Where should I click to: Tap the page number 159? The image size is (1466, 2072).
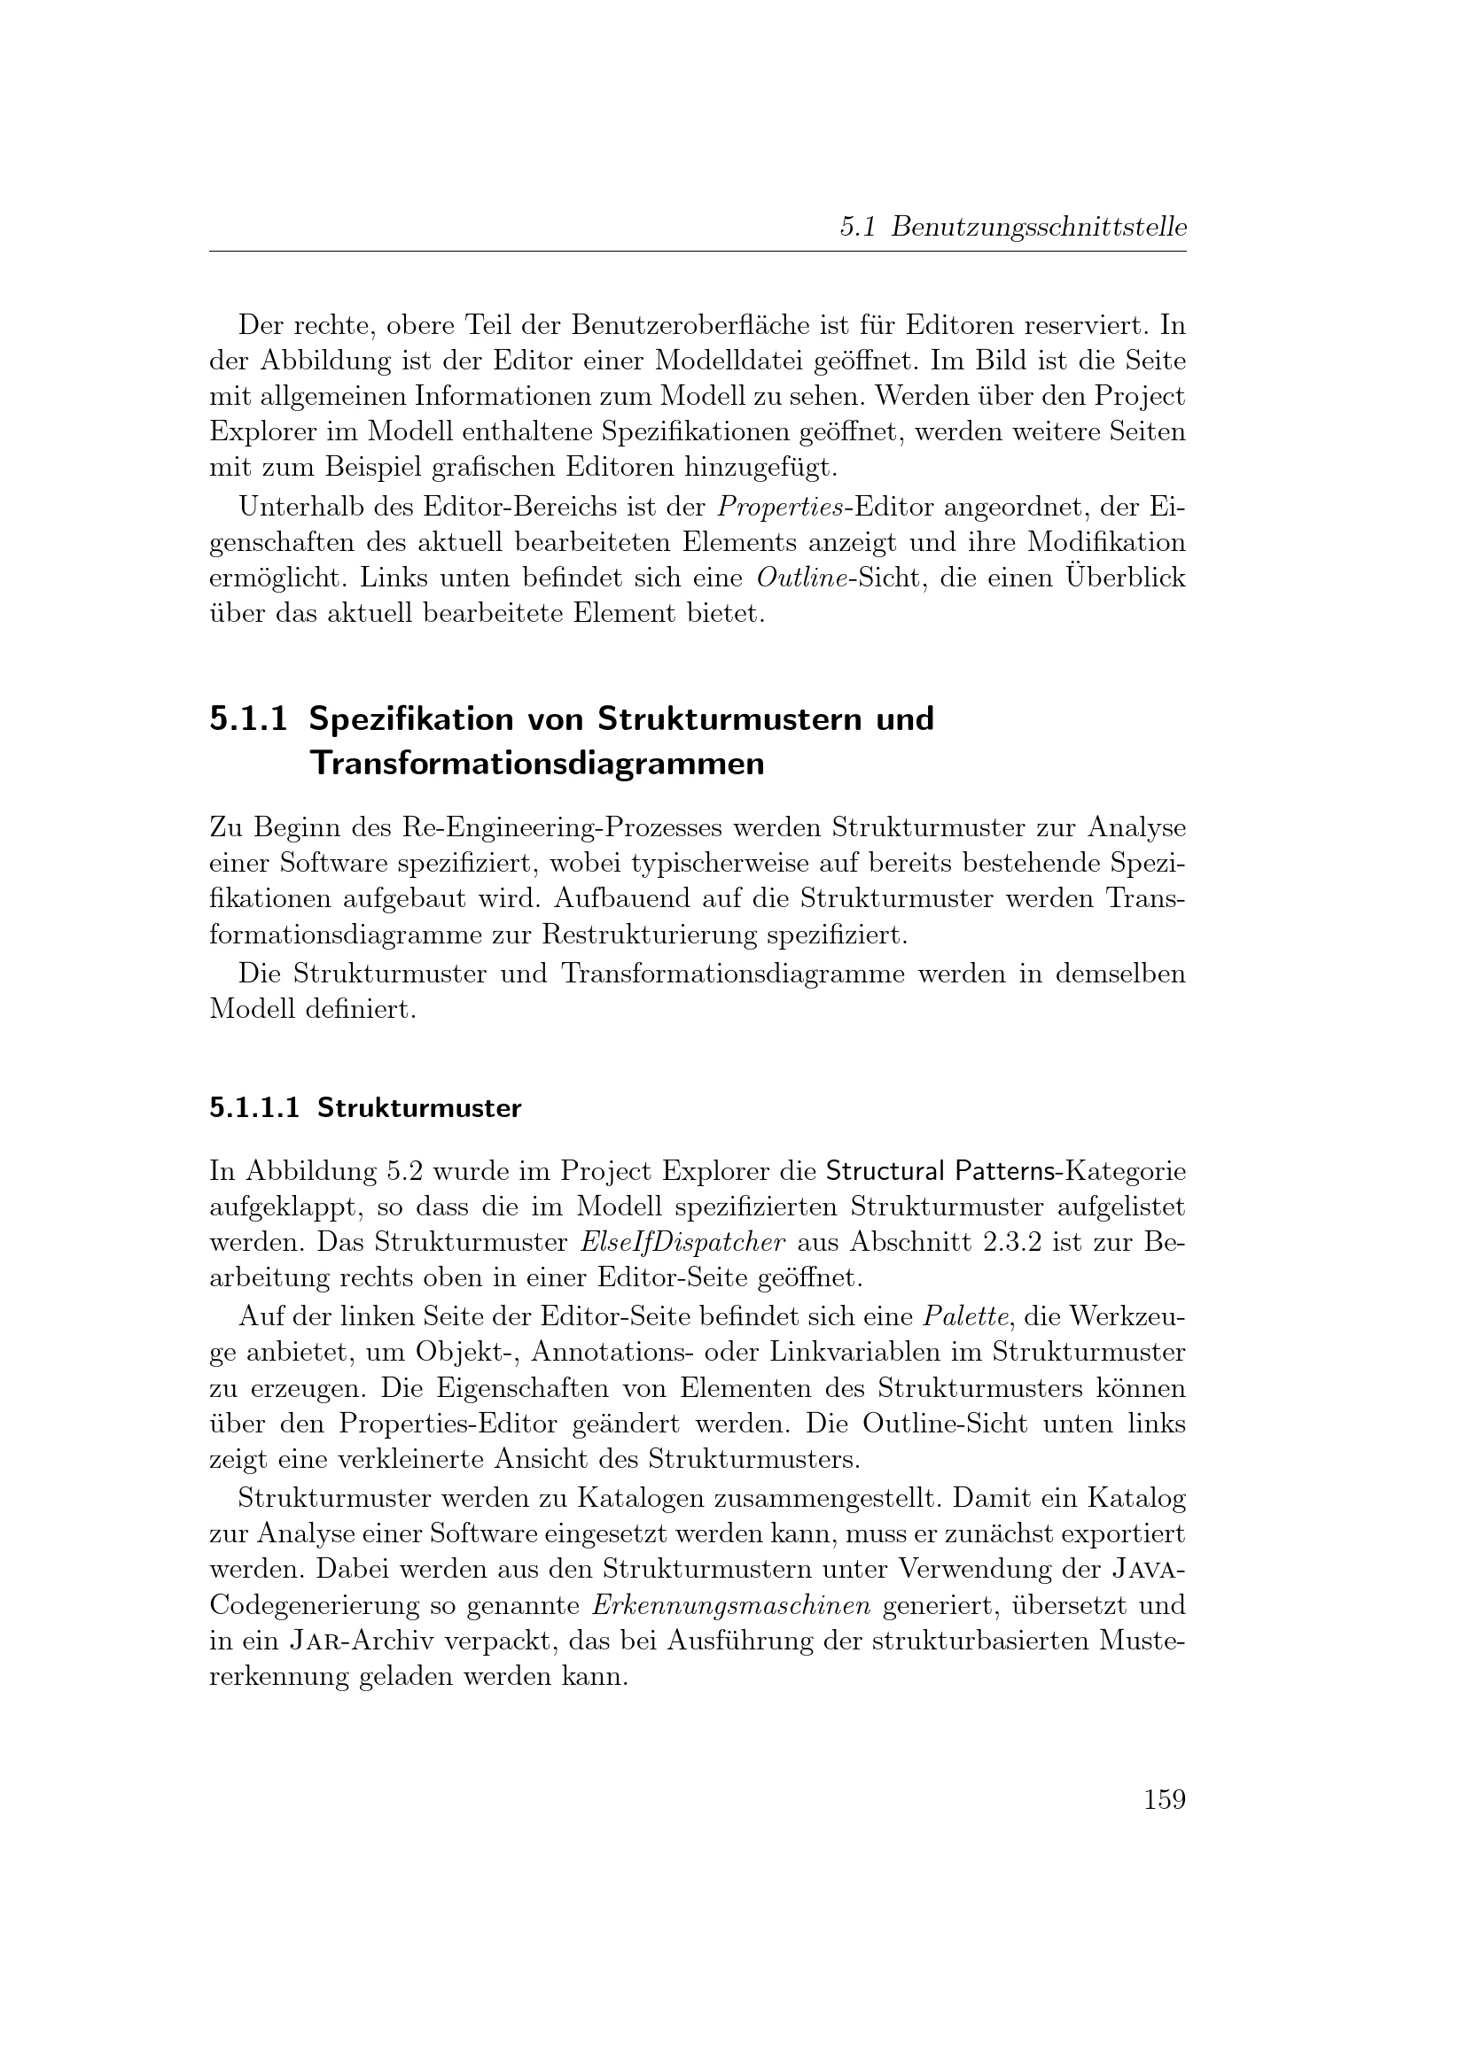coord(1164,1799)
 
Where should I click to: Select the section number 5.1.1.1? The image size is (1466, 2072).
coord(253,1108)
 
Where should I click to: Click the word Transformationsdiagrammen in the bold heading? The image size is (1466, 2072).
coord(536,764)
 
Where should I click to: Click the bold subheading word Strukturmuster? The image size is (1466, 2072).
coord(419,1108)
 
